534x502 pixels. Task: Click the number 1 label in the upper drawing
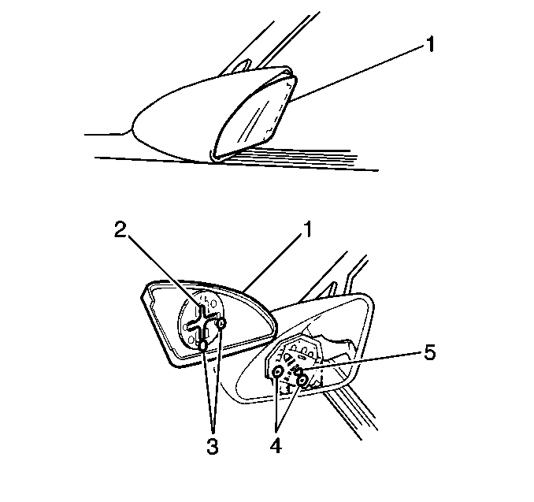coord(431,45)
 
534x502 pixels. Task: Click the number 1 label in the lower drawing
coord(307,229)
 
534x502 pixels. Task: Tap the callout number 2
coord(121,229)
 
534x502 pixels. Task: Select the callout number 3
coord(212,446)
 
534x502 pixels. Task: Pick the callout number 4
coord(276,446)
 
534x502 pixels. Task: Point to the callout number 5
coord(430,352)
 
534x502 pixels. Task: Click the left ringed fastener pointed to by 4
coord(278,372)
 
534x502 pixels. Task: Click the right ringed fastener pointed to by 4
coord(302,381)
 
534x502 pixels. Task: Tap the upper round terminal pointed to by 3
coord(221,323)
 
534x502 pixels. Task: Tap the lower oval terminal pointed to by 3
coord(203,346)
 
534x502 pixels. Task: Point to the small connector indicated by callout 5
coord(297,371)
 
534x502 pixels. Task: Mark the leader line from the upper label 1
coord(358,74)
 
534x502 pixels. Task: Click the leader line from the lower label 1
coord(273,263)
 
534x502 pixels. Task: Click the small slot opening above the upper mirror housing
coord(243,65)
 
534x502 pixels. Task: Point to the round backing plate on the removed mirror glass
coord(201,321)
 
